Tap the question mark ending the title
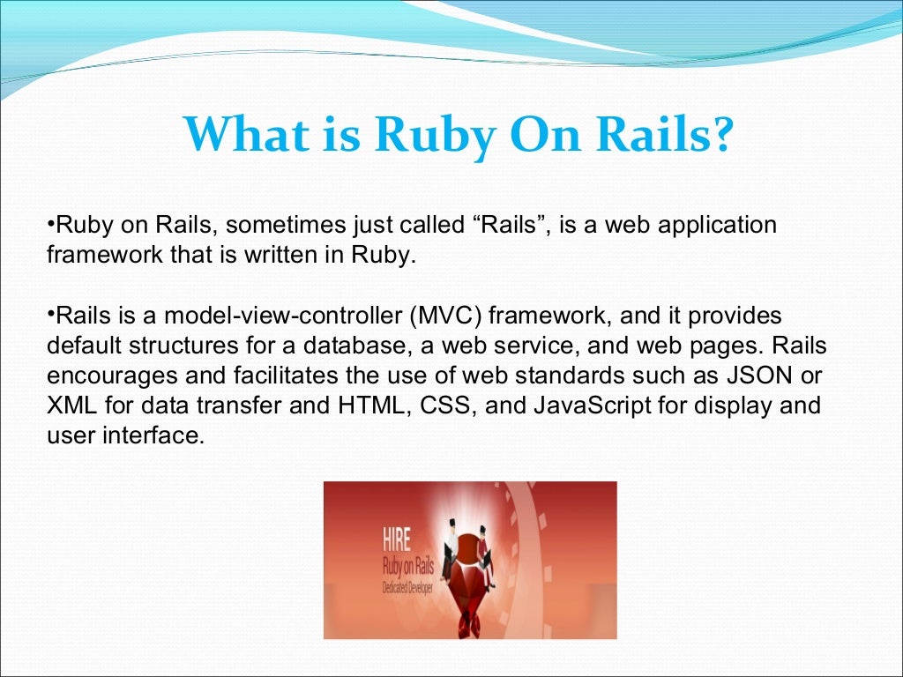[x=720, y=134]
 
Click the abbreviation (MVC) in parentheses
[x=450, y=316]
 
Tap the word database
[x=342, y=346]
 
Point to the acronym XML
[x=69, y=406]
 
